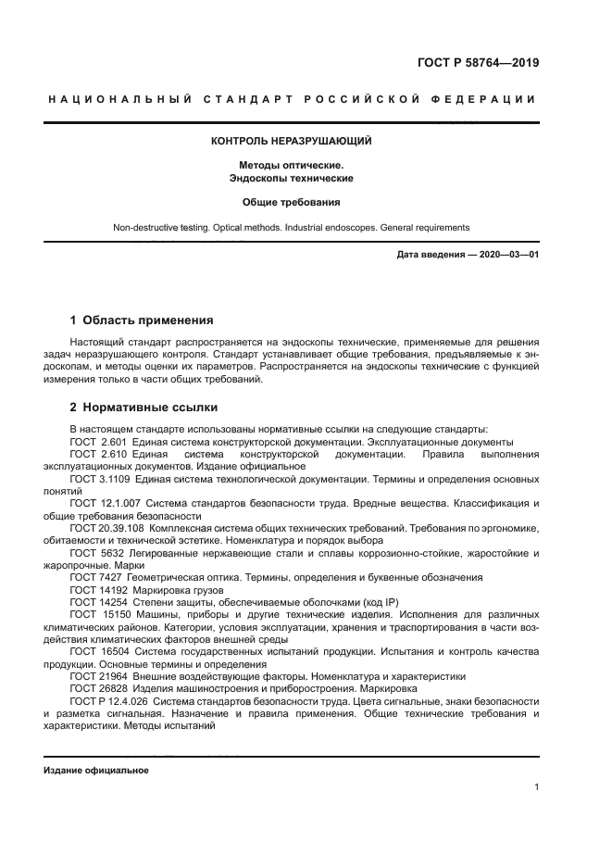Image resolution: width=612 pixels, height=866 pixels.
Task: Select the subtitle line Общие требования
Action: (x=292, y=202)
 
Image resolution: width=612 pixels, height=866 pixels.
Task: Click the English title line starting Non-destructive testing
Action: (x=292, y=227)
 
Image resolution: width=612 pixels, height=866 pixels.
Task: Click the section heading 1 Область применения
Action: (x=142, y=320)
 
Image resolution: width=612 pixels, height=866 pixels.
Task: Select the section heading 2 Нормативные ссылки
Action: (x=144, y=408)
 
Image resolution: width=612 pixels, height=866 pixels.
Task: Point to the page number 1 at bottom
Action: (x=536, y=787)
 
